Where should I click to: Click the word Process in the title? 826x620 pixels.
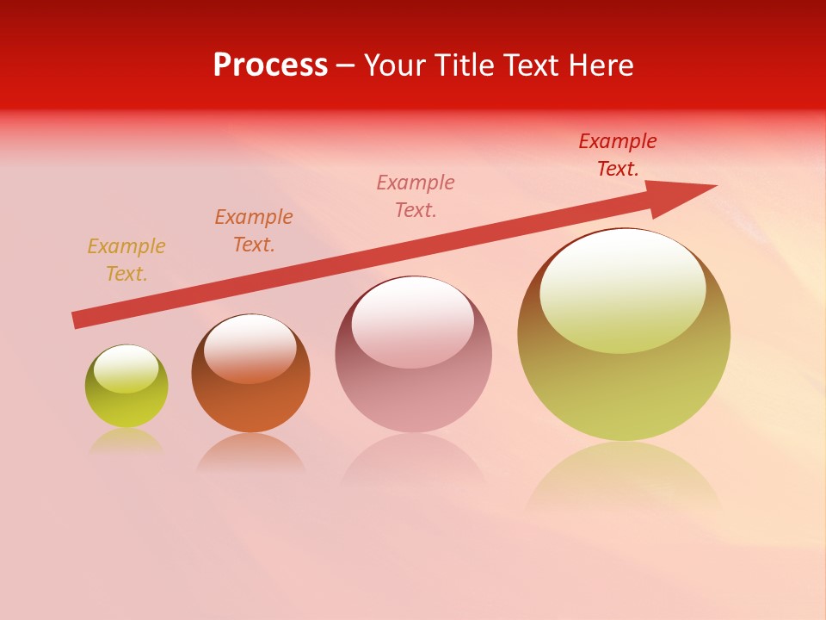click(270, 65)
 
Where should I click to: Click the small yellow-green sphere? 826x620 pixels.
click(126, 405)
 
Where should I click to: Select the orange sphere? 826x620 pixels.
click(250, 405)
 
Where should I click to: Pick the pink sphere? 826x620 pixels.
click(413, 396)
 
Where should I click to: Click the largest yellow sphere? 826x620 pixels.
click(624, 387)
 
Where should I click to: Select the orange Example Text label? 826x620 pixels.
click(254, 231)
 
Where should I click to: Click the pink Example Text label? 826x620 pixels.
click(416, 195)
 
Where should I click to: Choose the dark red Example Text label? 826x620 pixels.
click(618, 155)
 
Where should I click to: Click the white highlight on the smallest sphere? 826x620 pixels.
click(126, 369)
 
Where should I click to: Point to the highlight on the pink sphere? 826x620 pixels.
click(412, 322)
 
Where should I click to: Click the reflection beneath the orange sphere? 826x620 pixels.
click(250, 454)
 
